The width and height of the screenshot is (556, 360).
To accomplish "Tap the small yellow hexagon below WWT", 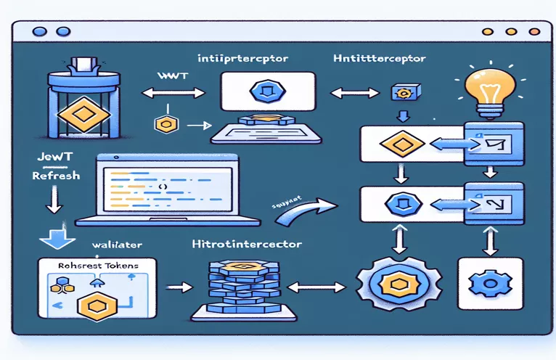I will (163, 123).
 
